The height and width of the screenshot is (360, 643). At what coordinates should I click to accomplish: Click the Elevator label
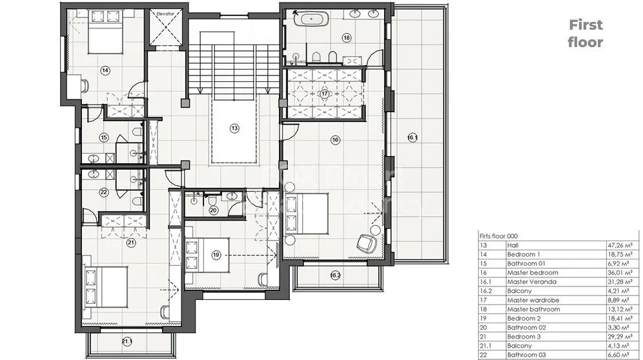[x=165, y=14]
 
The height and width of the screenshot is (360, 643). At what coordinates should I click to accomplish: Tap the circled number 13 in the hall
[x=234, y=128]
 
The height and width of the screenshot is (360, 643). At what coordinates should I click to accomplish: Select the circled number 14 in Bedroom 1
[x=105, y=70]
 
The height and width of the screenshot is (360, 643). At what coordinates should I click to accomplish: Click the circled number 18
[x=347, y=37]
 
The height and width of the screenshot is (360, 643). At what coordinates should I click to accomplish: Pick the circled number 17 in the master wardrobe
[x=324, y=94]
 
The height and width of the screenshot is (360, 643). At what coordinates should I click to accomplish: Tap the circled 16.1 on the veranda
[x=413, y=137]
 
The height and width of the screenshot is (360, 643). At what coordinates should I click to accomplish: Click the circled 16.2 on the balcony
[x=335, y=275]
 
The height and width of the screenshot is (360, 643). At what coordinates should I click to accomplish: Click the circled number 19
[x=216, y=255]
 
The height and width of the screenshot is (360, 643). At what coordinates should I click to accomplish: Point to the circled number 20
[x=213, y=211]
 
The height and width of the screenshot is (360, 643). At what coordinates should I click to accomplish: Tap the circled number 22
[x=103, y=192]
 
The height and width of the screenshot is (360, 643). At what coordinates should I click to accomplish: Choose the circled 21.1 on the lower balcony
[x=127, y=341]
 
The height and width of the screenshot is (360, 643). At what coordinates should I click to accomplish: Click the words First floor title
[x=586, y=34]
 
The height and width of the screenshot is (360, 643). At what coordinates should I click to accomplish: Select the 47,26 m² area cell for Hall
[x=618, y=245]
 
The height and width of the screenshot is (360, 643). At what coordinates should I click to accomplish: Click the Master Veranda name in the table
[x=532, y=282]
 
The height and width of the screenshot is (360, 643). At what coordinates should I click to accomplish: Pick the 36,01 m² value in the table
[x=618, y=273]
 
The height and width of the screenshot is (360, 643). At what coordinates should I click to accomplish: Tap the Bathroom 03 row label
[x=527, y=355]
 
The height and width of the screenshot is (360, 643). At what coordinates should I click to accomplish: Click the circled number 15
[x=104, y=138]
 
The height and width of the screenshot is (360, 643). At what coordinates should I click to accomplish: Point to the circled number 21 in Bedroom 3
[x=130, y=243]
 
